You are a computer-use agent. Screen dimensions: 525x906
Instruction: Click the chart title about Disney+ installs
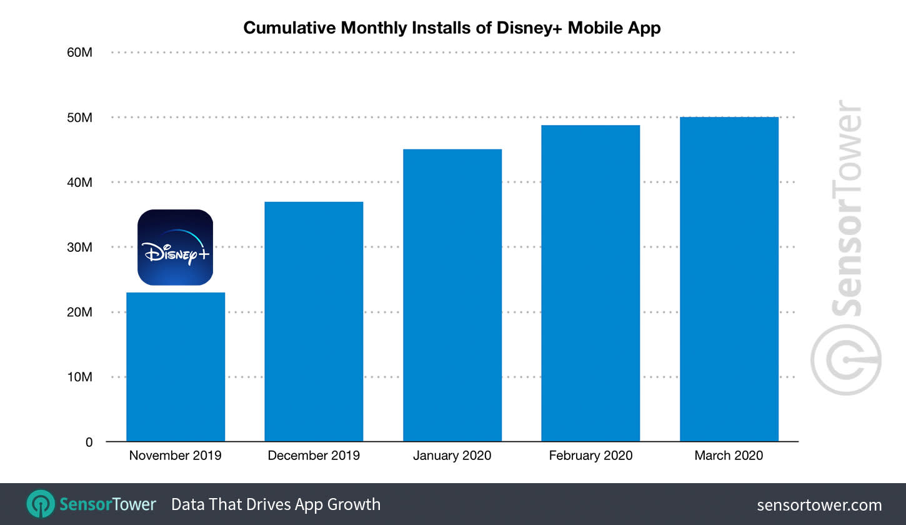pos(452,28)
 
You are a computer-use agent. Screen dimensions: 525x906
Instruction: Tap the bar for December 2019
pos(314,322)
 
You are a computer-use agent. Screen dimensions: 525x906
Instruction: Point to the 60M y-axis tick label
pos(79,52)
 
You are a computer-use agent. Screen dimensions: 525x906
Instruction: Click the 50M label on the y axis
pos(79,117)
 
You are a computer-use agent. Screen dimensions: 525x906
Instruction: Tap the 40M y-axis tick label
pos(79,182)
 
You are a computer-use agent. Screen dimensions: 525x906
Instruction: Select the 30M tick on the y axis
pos(79,247)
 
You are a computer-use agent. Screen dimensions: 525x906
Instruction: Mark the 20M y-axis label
pos(79,312)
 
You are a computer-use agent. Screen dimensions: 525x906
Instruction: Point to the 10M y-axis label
pos(79,377)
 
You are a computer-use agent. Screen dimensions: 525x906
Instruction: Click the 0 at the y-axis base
pos(89,442)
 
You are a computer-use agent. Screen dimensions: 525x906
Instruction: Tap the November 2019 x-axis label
pos(176,456)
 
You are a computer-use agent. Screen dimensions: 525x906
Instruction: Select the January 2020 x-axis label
pos(452,456)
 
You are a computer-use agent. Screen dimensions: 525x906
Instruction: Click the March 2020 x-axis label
pos(729,456)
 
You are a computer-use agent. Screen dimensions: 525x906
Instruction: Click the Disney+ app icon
pos(176,247)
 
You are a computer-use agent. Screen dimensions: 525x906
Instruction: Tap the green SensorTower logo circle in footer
pos(41,504)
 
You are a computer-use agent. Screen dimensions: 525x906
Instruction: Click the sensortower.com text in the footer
pos(819,505)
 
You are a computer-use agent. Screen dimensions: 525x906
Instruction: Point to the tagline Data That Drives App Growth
pos(276,504)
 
